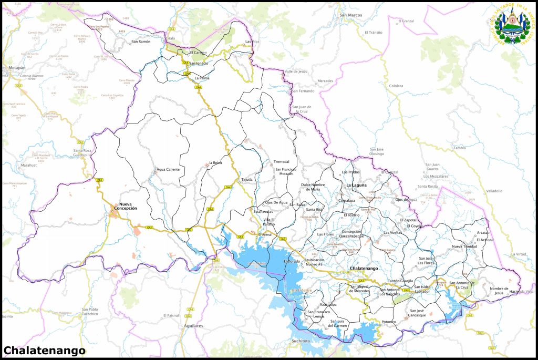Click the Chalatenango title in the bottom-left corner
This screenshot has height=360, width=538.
click(x=44, y=350)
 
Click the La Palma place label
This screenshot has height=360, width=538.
click(x=202, y=78)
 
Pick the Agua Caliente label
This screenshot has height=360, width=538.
click(x=168, y=169)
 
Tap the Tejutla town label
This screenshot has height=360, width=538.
click(x=247, y=179)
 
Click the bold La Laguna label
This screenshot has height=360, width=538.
click(x=356, y=185)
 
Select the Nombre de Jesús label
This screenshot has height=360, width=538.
click(x=499, y=291)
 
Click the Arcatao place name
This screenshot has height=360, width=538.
click(x=483, y=232)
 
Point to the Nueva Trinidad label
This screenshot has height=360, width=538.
click(x=464, y=246)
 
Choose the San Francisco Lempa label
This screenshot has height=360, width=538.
click(x=318, y=314)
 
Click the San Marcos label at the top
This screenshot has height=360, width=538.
click(x=351, y=15)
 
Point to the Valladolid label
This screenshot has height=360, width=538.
click(x=494, y=191)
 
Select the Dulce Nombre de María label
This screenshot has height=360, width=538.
click(x=313, y=187)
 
